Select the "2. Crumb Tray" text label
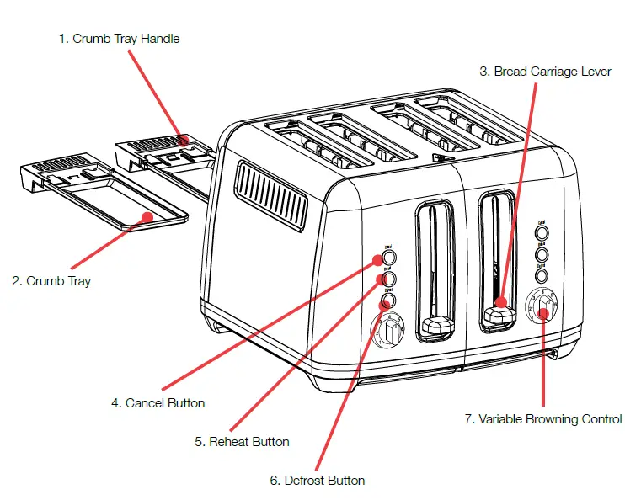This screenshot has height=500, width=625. [x=51, y=281]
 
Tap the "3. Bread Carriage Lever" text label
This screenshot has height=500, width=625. [x=552, y=72]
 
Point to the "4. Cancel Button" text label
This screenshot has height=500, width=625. [x=158, y=403]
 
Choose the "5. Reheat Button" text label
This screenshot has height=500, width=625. [x=242, y=442]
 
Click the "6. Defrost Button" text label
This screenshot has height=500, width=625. [x=317, y=481]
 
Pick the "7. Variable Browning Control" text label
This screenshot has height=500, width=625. [x=543, y=419]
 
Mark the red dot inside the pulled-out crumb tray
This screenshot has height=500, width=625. [x=147, y=217]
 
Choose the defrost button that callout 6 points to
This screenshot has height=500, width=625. [x=388, y=300]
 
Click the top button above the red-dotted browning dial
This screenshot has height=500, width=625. [x=542, y=232]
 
